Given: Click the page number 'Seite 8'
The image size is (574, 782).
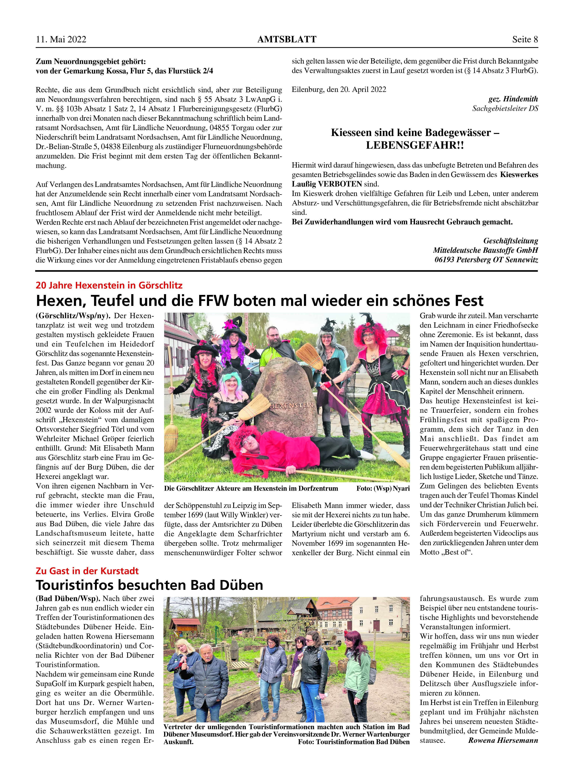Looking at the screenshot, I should [x=525, y=40].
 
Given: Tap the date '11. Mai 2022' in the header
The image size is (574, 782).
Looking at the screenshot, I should [x=61, y=40].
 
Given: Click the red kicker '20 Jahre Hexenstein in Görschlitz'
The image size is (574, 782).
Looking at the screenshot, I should [x=109, y=285].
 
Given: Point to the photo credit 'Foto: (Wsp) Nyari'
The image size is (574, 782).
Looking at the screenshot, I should [x=383, y=488].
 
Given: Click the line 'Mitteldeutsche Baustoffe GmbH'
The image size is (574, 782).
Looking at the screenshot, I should [x=485, y=250].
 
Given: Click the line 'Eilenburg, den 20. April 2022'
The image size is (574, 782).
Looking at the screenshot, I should [x=339, y=90].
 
